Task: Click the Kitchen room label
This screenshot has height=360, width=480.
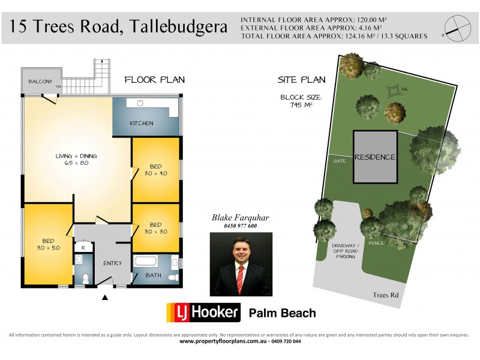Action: pos(142,124)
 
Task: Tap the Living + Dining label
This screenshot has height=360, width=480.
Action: pos(76,160)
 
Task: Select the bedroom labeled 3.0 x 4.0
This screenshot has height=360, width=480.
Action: pos(155,170)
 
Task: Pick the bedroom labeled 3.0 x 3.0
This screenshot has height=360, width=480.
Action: pos(155,228)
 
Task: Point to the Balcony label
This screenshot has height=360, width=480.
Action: pos(40,82)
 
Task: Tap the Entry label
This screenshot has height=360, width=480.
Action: pos(112,263)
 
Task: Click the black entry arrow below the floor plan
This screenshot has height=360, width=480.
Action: pos(106,296)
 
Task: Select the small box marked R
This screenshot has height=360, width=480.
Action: pos(83,247)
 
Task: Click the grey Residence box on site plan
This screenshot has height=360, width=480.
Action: pos(375,157)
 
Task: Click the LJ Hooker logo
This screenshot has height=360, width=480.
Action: pos(203,313)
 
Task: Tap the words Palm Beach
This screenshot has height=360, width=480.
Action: pos(282,313)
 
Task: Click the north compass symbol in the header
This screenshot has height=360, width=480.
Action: pos(456,27)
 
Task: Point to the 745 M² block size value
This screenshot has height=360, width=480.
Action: pos(301,105)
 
